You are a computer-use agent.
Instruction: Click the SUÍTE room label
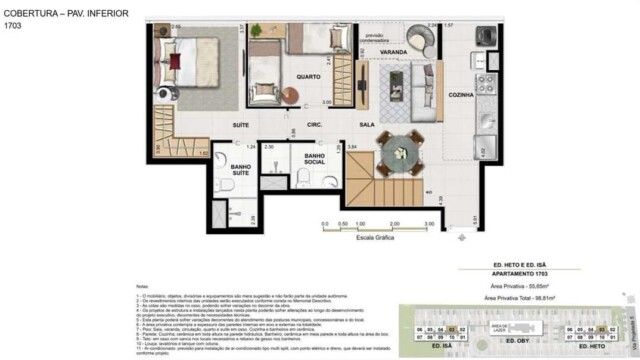pyautogui.click(x=240, y=125)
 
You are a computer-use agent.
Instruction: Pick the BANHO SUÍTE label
pyautogui.click(x=242, y=172)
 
